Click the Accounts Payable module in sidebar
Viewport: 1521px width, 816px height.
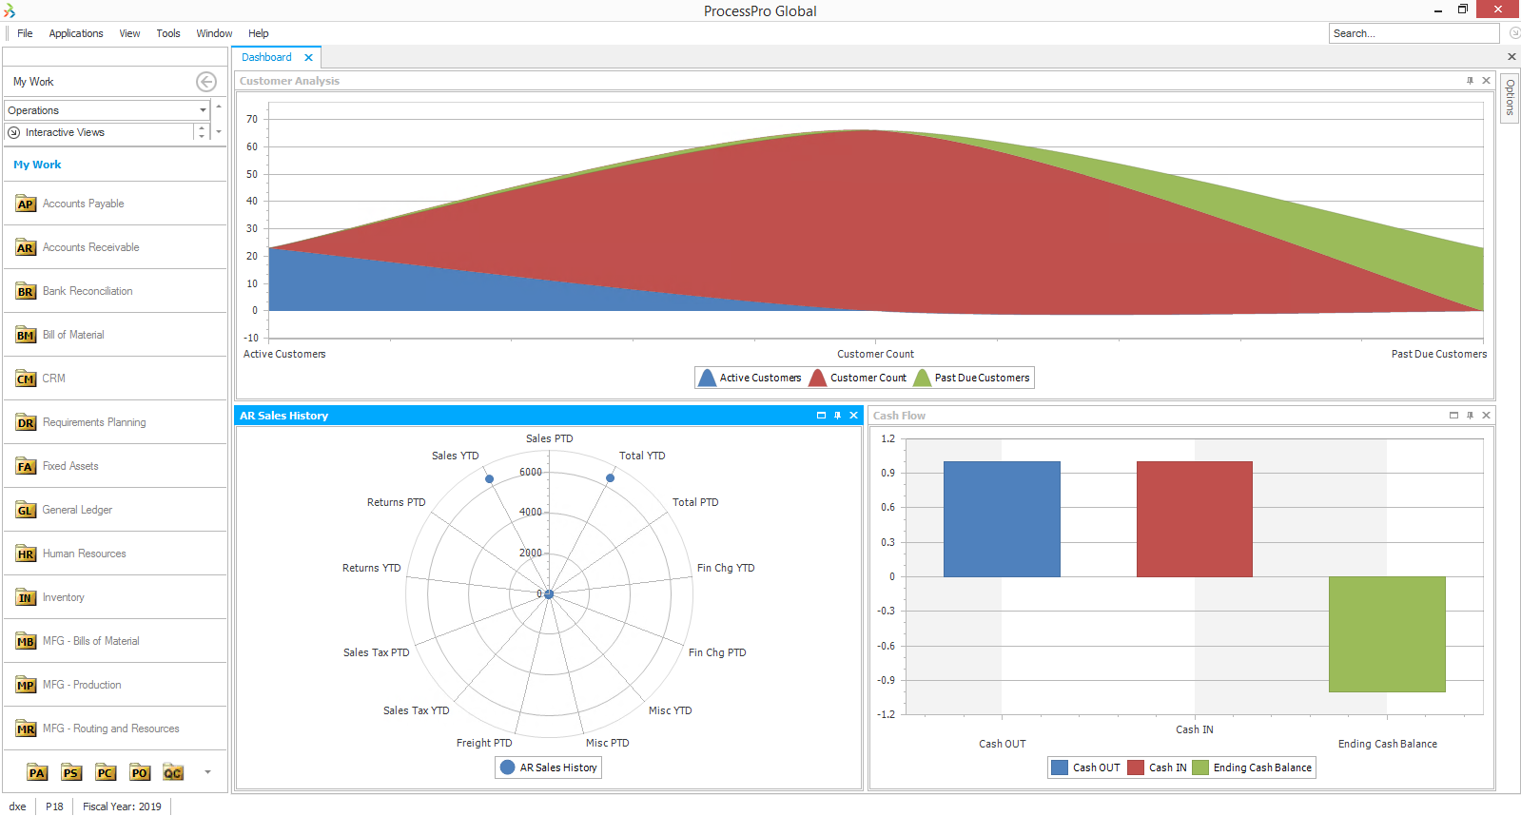[83, 204]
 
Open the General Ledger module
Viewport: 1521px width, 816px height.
[77, 510]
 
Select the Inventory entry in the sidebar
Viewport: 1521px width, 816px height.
[63, 597]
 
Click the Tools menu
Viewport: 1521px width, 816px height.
[167, 33]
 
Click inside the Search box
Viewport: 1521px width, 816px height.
[1412, 33]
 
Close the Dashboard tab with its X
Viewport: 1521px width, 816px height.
[308, 58]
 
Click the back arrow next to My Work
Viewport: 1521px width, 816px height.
[205, 82]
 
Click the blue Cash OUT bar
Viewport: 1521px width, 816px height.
[1002, 518]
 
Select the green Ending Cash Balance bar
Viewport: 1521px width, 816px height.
[1387, 633]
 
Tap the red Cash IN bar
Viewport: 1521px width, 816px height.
[1194, 518]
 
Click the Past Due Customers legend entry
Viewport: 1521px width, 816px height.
[972, 378]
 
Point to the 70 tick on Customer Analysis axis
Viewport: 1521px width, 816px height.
[252, 119]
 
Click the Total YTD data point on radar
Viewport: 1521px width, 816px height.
[610, 478]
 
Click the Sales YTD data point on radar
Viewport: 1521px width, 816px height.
[489, 478]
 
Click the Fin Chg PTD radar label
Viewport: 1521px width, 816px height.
[716, 652]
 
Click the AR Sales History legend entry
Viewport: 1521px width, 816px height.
[549, 767]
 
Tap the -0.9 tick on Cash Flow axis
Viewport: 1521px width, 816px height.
[886, 680]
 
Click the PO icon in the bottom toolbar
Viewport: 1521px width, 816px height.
[140, 772]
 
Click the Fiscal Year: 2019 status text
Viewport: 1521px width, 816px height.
[122, 806]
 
